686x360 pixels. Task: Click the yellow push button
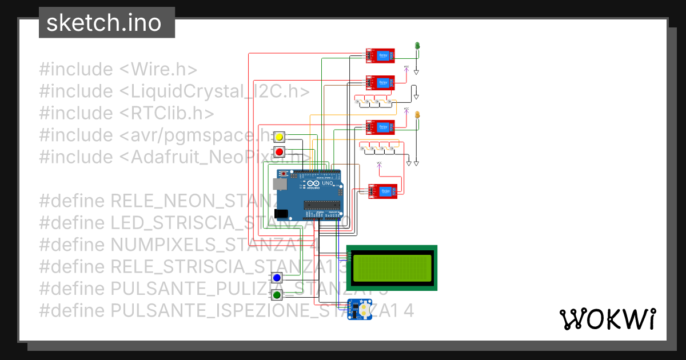point(279,138)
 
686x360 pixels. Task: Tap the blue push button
point(277,278)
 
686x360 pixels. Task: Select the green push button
point(277,295)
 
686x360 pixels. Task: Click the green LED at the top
point(417,46)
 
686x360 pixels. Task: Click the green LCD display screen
point(392,268)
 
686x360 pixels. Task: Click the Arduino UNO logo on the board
point(313,184)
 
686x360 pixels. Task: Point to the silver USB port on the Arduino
point(280,184)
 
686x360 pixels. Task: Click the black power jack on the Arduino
point(281,214)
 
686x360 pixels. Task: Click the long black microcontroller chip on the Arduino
point(322,206)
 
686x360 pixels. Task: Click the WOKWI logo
point(607,319)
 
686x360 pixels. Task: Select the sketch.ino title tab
point(103,23)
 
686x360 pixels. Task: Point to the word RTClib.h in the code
point(171,113)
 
